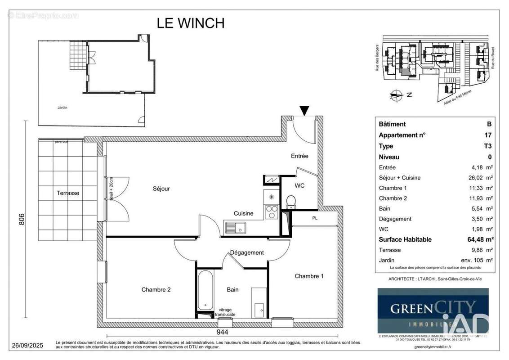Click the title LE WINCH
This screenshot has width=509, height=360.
tap(190, 23)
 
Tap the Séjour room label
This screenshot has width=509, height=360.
tap(161, 189)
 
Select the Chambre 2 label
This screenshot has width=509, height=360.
tap(156, 290)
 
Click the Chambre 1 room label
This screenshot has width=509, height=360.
tap(309, 276)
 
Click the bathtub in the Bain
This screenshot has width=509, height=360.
tap(205, 291)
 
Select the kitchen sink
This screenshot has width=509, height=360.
tap(235, 227)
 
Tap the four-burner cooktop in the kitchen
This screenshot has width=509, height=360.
tap(271, 211)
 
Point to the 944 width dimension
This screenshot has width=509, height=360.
tap(222, 333)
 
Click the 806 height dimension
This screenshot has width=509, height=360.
tap(26, 219)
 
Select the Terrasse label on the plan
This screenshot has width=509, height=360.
tap(68, 193)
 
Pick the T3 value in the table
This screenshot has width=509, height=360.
tap(487, 146)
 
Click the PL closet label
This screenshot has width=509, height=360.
tap(315, 219)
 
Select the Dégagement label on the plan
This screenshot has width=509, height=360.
tap(247, 252)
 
